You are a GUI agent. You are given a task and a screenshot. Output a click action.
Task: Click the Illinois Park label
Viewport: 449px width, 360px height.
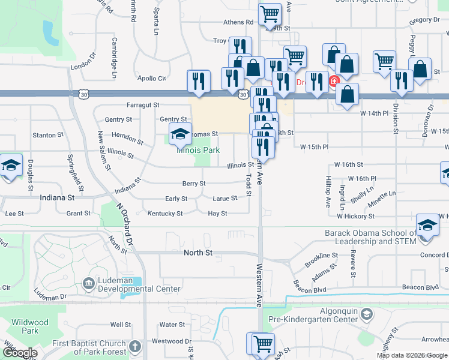198,150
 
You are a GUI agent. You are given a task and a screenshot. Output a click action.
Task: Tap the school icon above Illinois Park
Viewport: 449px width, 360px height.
179,135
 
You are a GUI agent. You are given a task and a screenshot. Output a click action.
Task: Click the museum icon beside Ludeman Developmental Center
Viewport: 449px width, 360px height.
88,283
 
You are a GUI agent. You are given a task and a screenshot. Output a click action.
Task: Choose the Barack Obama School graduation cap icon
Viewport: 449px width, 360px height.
427,226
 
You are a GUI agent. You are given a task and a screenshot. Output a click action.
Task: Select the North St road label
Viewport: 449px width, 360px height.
198,253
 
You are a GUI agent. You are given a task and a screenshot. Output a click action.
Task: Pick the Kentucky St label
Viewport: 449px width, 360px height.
165,213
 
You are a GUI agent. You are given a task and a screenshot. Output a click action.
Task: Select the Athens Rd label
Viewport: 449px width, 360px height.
238,22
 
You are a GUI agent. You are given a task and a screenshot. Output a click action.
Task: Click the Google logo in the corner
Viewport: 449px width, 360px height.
19,353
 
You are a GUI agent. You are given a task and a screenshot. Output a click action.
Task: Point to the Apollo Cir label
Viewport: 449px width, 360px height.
152,79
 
